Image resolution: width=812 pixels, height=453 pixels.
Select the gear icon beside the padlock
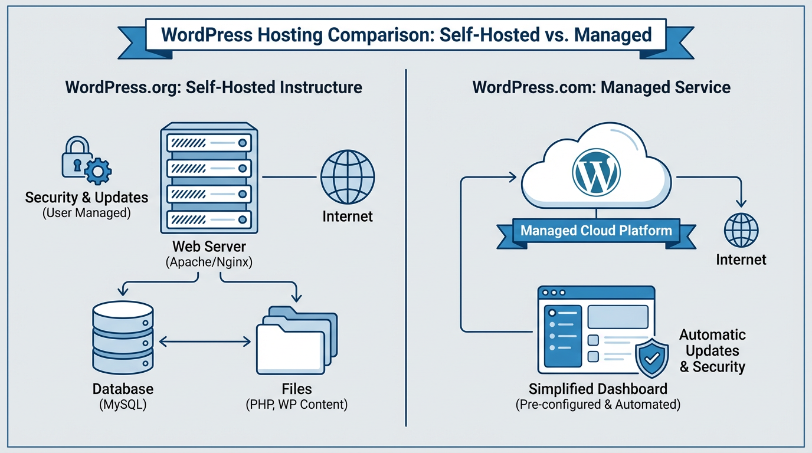pos(97,172)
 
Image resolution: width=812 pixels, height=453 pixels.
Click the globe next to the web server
pos(348,176)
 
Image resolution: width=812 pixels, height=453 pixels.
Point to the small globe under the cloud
pos(741,230)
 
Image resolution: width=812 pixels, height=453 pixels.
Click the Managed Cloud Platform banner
pos(596,231)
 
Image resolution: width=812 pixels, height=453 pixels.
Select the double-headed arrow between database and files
pos(205,340)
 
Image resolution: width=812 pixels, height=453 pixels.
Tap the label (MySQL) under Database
pos(123,405)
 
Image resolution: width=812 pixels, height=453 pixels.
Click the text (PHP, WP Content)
pos(296,405)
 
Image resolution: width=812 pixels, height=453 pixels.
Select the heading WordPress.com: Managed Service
pos(601,88)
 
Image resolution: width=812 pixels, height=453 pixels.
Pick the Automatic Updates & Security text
pos(712,351)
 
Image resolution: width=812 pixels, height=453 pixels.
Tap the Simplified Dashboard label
pos(598,389)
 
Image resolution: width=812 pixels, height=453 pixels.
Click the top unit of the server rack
pos(209,142)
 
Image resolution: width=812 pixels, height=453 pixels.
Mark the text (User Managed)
pos(86,213)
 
